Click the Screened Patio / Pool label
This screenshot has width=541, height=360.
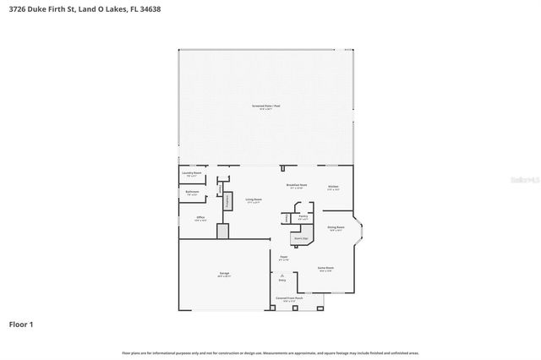click(265, 106)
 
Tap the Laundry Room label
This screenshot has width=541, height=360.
click(192, 172)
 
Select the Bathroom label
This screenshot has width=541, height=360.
click(192, 192)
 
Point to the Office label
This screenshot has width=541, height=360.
click(200, 218)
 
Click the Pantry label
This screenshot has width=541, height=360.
click(303, 216)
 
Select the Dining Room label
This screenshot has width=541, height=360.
click(335, 227)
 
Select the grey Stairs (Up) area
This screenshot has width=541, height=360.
click(299, 239)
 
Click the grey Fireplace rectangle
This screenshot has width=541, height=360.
click(227, 201)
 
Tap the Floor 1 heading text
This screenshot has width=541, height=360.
click(21, 324)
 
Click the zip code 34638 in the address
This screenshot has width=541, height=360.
click(150, 8)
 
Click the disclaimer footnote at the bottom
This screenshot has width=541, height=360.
click(270, 352)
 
